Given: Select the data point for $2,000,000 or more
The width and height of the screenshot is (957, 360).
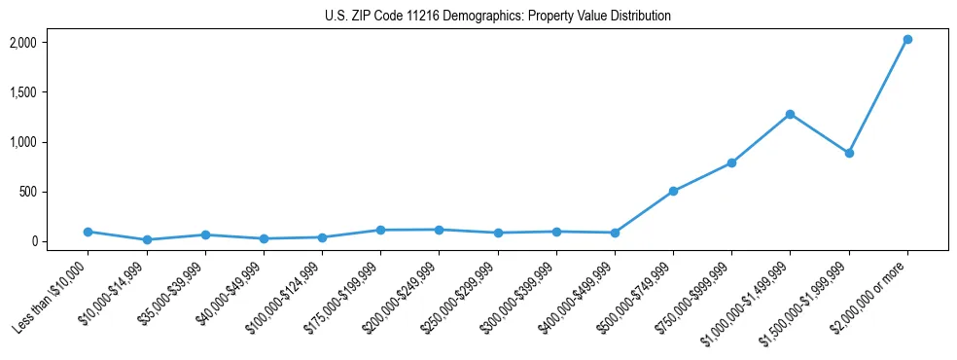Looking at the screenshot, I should [907, 40].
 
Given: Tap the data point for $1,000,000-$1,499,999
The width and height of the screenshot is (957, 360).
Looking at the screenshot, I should [790, 114].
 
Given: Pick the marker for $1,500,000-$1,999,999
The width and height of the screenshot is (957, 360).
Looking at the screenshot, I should [849, 153].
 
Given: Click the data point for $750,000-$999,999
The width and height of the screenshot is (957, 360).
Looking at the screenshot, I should [731, 162].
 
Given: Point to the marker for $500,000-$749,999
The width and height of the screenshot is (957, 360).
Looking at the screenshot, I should [673, 192].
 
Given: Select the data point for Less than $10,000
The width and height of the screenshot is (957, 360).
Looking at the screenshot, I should [88, 232].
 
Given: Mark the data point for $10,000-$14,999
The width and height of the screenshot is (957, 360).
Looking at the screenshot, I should [146, 239].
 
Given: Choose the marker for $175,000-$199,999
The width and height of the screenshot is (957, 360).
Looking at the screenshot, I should [380, 230].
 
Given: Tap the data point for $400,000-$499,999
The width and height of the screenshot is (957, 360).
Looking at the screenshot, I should [615, 233].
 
